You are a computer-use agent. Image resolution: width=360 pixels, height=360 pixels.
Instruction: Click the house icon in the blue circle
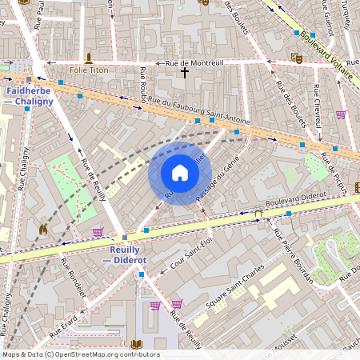click(x=180, y=173)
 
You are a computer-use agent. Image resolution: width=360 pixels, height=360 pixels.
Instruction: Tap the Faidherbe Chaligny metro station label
click(x=29, y=97)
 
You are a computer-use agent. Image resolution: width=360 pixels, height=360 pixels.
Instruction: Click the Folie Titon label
click(x=89, y=70)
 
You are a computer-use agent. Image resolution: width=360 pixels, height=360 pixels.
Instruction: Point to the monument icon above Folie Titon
click(x=89, y=58)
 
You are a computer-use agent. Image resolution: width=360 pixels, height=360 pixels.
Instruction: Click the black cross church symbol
click(x=185, y=73)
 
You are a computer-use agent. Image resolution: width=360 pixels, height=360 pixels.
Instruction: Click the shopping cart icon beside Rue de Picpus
click(x=341, y=114)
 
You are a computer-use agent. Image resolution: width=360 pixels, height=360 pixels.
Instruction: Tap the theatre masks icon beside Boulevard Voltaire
click(x=297, y=58)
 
